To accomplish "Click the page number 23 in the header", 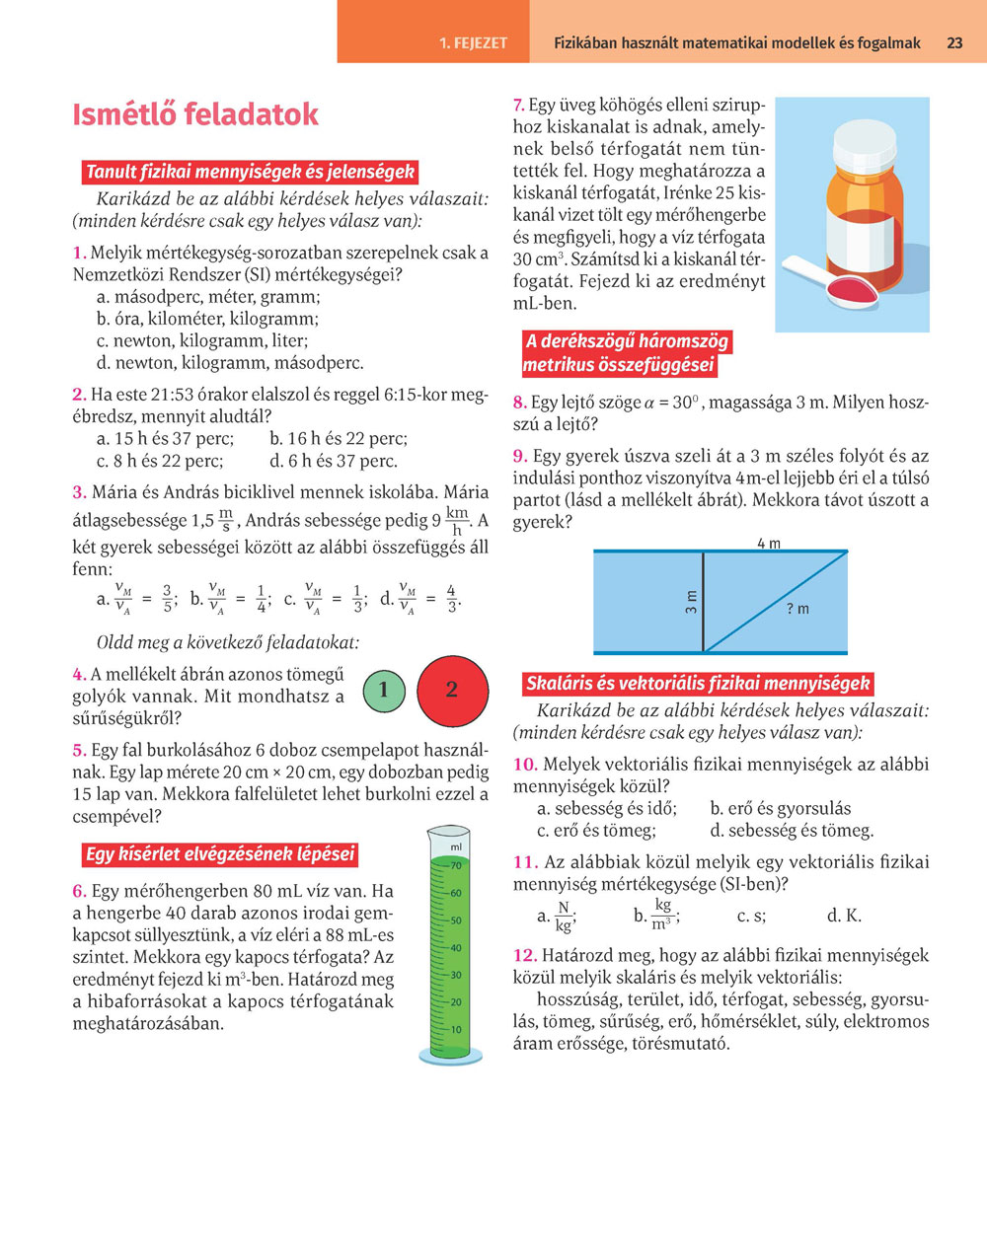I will [954, 42].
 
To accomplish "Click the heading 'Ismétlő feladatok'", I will [195, 114].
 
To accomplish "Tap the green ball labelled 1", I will [383, 690].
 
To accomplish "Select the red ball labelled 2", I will [452, 690].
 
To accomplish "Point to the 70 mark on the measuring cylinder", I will [455, 866].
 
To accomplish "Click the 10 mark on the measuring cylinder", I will [455, 1030].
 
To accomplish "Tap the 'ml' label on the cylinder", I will [456, 847].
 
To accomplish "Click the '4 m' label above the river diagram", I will [768, 544].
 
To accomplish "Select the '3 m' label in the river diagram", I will [691, 602].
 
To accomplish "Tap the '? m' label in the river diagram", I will [797, 609].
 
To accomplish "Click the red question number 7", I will [518, 105].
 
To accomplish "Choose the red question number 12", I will [524, 955].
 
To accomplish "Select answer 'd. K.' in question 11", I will [844, 916].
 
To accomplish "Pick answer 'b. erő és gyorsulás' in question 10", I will [780, 808].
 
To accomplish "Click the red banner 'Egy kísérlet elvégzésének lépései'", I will [219, 854].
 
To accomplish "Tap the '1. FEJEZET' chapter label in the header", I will [473, 43].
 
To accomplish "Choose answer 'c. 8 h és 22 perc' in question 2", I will [160, 461].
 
